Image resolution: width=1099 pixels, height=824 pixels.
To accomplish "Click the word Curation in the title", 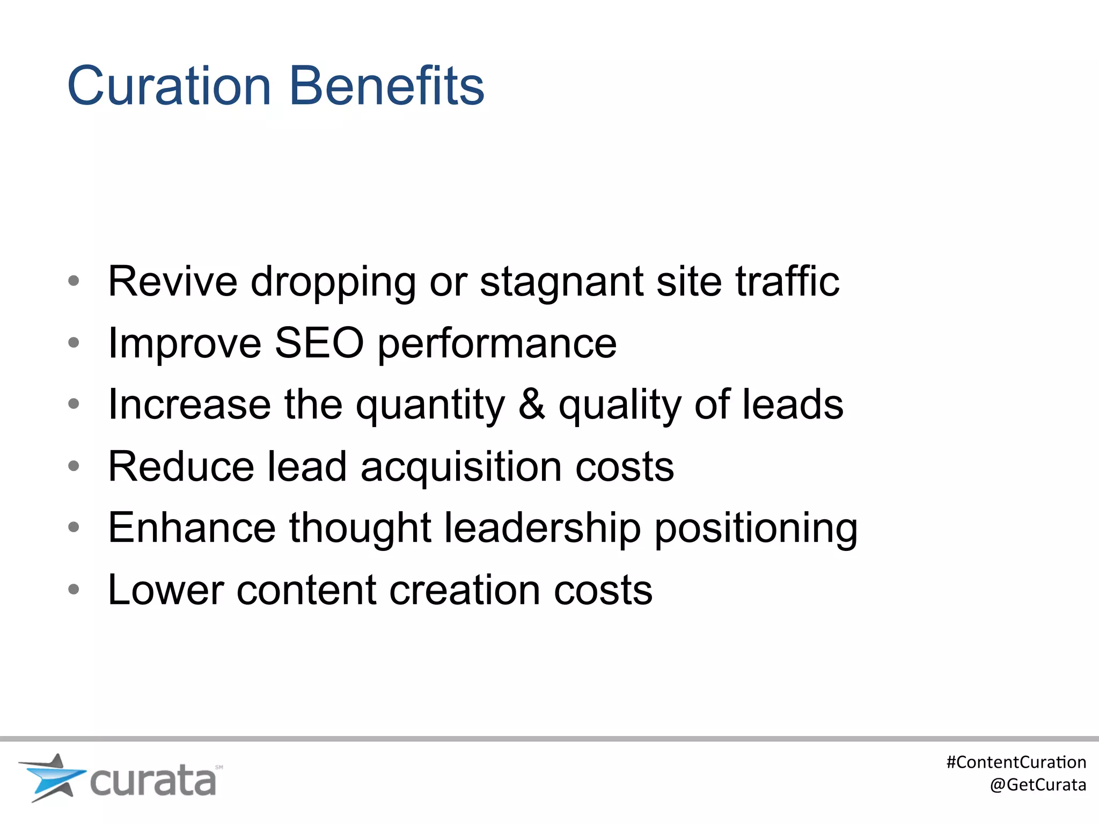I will click(169, 86).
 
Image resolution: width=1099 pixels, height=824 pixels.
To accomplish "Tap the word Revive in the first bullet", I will click(172, 281).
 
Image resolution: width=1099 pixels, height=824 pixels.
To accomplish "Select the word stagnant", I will click(561, 282).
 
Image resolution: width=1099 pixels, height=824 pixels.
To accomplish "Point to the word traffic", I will click(787, 281).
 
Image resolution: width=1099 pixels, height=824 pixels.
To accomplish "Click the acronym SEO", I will click(319, 343).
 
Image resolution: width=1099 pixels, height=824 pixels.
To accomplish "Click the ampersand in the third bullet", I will click(532, 404).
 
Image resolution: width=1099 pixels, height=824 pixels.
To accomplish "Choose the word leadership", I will click(543, 528).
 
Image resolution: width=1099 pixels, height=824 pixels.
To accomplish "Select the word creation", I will click(465, 590).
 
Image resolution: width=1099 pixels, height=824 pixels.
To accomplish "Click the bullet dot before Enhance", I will click(74, 527).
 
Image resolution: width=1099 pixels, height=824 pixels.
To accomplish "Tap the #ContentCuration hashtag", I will click(1016, 762).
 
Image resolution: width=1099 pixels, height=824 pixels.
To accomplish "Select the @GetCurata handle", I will click(1038, 784).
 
